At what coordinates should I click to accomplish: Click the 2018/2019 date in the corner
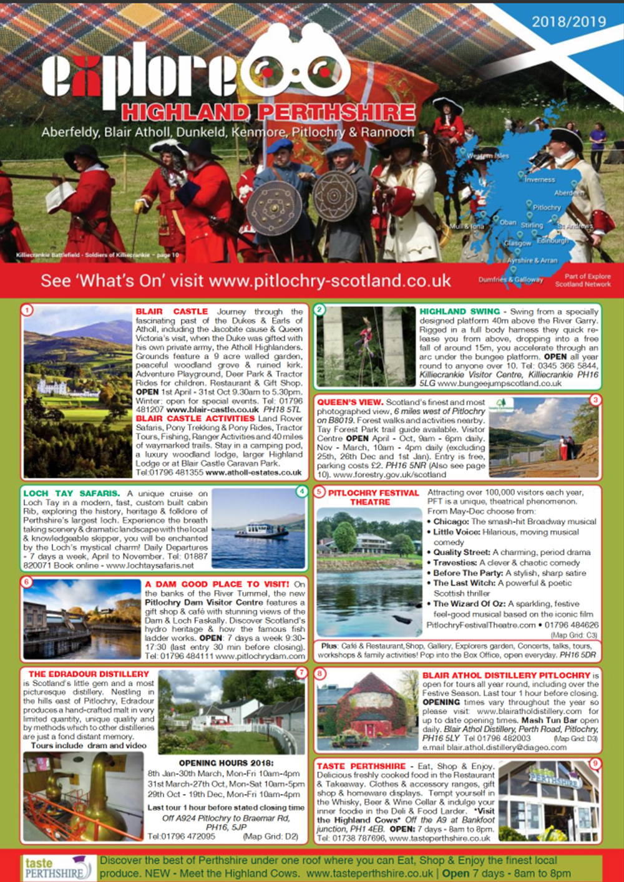pos(568,22)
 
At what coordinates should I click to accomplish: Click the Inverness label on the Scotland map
pos(539,180)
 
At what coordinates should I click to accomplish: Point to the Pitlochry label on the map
pos(547,207)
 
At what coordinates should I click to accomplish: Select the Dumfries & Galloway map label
pos(510,279)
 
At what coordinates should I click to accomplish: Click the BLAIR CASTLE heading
pos(172,311)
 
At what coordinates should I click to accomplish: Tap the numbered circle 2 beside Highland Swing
pos(319,309)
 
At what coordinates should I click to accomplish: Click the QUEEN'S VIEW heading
pos(349,402)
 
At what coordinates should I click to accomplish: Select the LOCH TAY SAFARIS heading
pos(71,493)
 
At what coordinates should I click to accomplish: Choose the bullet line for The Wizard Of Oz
pos(505,604)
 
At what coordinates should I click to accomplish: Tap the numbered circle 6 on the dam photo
pos(26,582)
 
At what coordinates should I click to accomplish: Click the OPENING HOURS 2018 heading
pos(225,763)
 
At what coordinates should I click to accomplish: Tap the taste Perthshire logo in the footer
pos(57,868)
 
